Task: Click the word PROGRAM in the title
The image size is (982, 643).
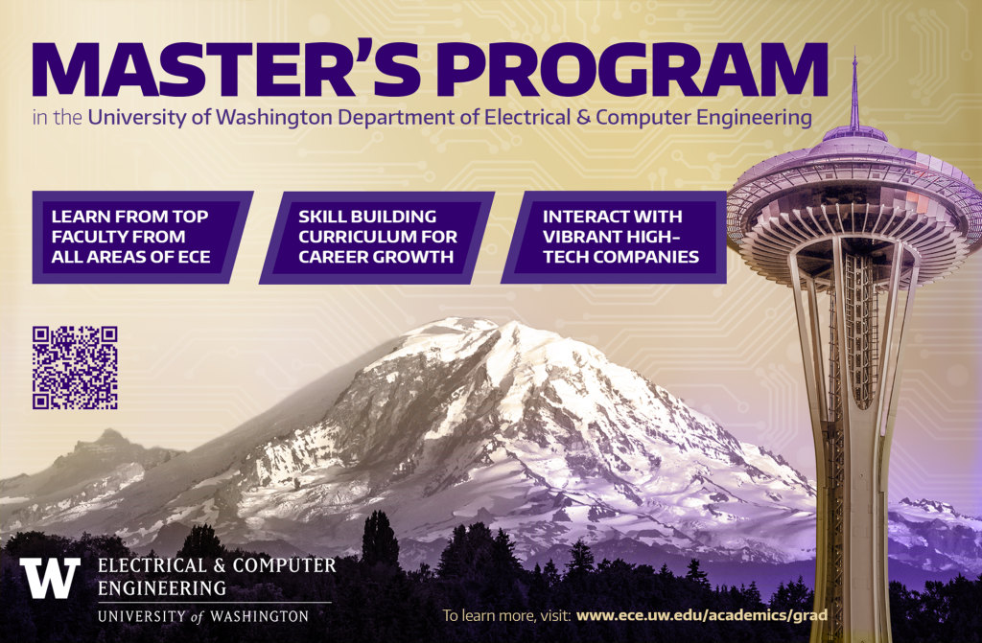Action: pyautogui.click(x=633, y=70)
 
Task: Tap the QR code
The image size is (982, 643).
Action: pyautogui.click(x=75, y=368)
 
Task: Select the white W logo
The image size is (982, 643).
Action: pyautogui.click(x=50, y=577)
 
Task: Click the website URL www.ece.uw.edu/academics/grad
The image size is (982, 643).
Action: pyautogui.click(x=701, y=615)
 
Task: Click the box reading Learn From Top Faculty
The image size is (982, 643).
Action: pyautogui.click(x=142, y=237)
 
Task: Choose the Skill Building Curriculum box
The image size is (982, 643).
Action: pyautogui.click(x=377, y=238)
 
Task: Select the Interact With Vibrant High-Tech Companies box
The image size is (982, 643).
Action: pyautogui.click(x=614, y=238)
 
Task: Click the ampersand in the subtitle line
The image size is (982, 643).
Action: pyautogui.click(x=583, y=117)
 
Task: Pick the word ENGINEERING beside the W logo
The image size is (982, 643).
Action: pyautogui.click(x=161, y=588)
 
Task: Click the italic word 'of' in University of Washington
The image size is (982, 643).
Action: pyautogui.click(x=198, y=616)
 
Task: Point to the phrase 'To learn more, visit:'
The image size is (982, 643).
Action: pyautogui.click(x=506, y=615)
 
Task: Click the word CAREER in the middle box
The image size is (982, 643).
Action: pyautogui.click(x=335, y=257)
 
